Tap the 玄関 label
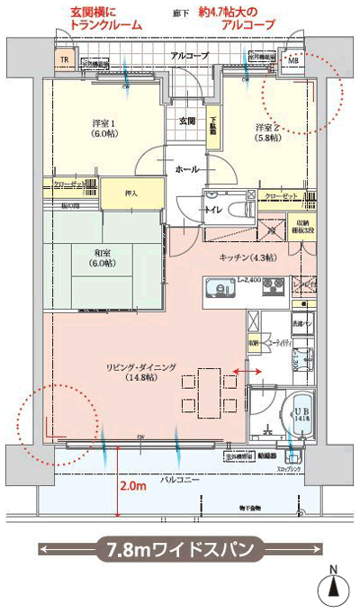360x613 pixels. point(186,121)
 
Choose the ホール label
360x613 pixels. point(187,169)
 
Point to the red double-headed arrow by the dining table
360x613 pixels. point(249,371)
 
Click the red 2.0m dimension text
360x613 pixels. point(132,487)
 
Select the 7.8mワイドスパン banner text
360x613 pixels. point(180,546)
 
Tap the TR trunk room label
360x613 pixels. point(63,60)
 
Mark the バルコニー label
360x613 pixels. point(180,480)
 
